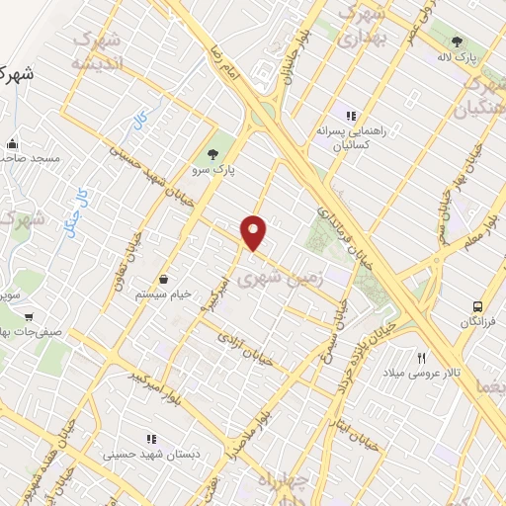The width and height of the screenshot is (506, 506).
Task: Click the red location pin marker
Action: pos(255,232)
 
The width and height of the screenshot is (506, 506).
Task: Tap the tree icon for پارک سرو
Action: pos(211,153)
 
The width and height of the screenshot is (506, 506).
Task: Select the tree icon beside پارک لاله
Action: pos(457,42)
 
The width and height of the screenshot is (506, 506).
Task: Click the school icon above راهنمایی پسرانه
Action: pos(351,116)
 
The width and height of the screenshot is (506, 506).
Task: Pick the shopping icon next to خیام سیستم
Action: pos(163,279)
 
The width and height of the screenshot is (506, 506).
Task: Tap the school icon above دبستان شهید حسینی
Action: pos(151,439)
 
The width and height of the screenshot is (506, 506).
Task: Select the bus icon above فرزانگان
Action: pos(478,307)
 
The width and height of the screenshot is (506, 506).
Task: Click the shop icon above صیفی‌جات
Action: pos(30,317)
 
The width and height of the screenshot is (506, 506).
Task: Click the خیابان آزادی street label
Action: pos(244,342)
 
